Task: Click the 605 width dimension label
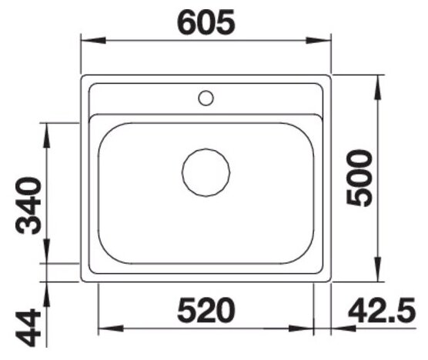point(206,22)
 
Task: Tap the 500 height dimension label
point(359,178)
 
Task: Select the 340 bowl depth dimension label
point(28,205)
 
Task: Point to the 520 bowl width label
point(206,311)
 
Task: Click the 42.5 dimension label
point(382,310)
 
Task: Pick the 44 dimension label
point(28,327)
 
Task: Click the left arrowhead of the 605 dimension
point(93,41)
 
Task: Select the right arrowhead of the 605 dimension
point(318,41)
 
